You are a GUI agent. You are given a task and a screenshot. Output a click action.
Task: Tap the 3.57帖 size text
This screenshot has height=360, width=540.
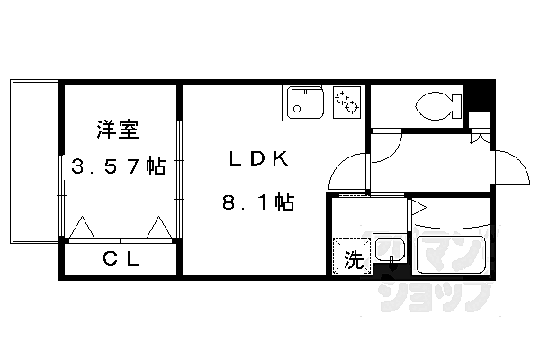pyautogui.click(x=118, y=167)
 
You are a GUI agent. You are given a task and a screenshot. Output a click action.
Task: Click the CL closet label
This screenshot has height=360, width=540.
pyautogui.click(x=120, y=260)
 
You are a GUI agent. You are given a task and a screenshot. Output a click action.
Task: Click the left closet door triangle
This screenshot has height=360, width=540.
pyautogui.click(x=83, y=229)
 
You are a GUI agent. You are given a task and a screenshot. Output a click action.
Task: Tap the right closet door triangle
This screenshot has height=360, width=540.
pyautogui.click(x=160, y=229)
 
